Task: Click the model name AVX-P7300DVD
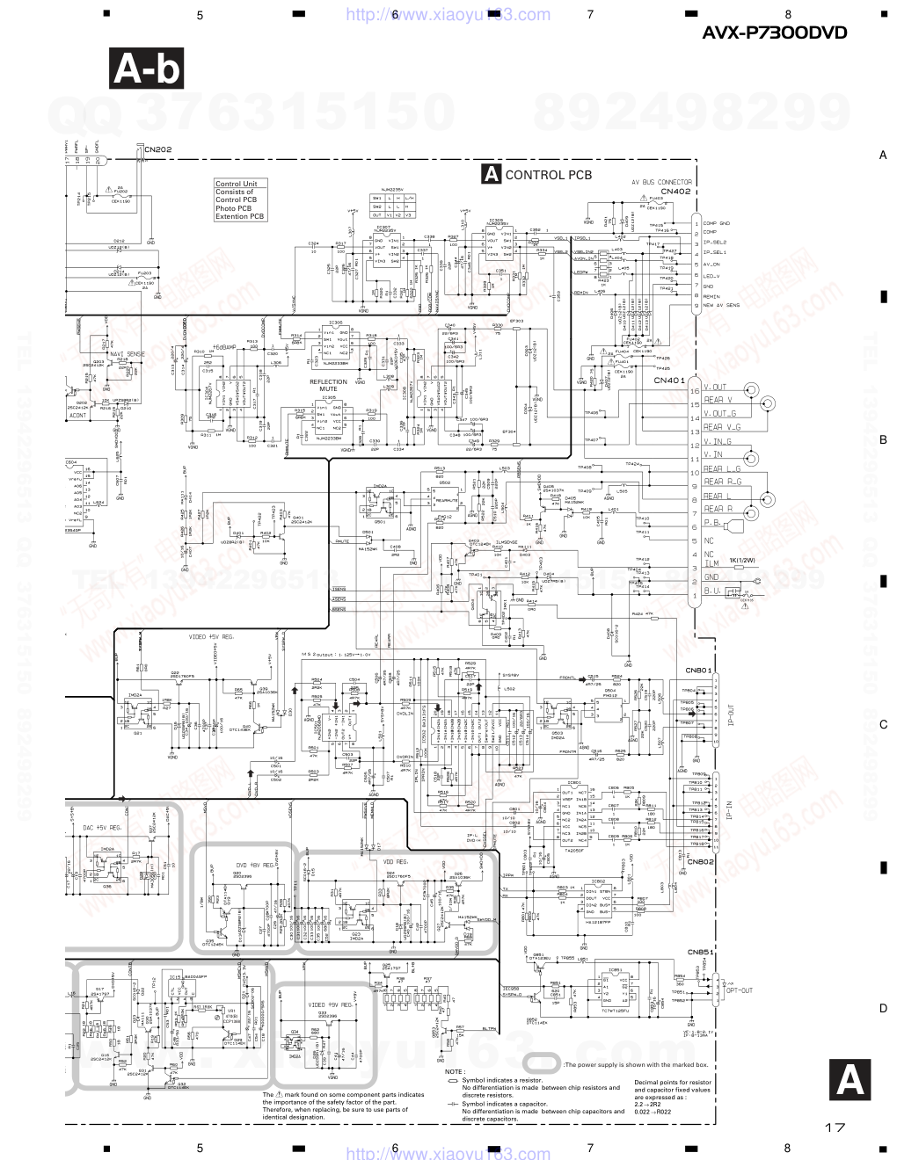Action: [x=775, y=33]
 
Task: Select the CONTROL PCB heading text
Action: [x=548, y=175]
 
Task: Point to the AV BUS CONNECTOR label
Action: [x=661, y=182]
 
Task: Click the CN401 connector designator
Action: [x=668, y=381]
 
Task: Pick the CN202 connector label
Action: [x=158, y=150]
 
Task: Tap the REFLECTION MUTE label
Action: [x=328, y=385]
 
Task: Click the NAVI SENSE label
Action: [x=127, y=354]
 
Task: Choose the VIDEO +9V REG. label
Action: [x=331, y=1004]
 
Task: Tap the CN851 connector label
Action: [x=700, y=952]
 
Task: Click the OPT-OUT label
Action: [x=739, y=990]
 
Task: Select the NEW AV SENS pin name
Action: [x=721, y=305]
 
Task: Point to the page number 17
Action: [x=835, y=1127]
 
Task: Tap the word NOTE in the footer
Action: [x=454, y=1072]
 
